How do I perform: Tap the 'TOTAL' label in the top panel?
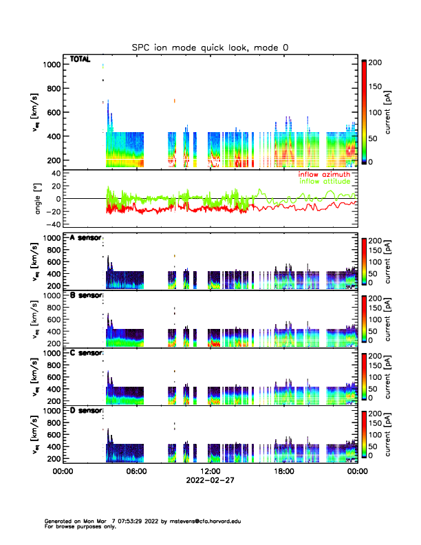pyautogui.click(x=80, y=60)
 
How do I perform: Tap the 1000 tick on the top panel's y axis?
pyautogui.click(x=51, y=65)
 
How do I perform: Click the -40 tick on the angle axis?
pyautogui.click(x=52, y=224)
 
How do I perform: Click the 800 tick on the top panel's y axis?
pyautogui.click(x=53, y=89)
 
